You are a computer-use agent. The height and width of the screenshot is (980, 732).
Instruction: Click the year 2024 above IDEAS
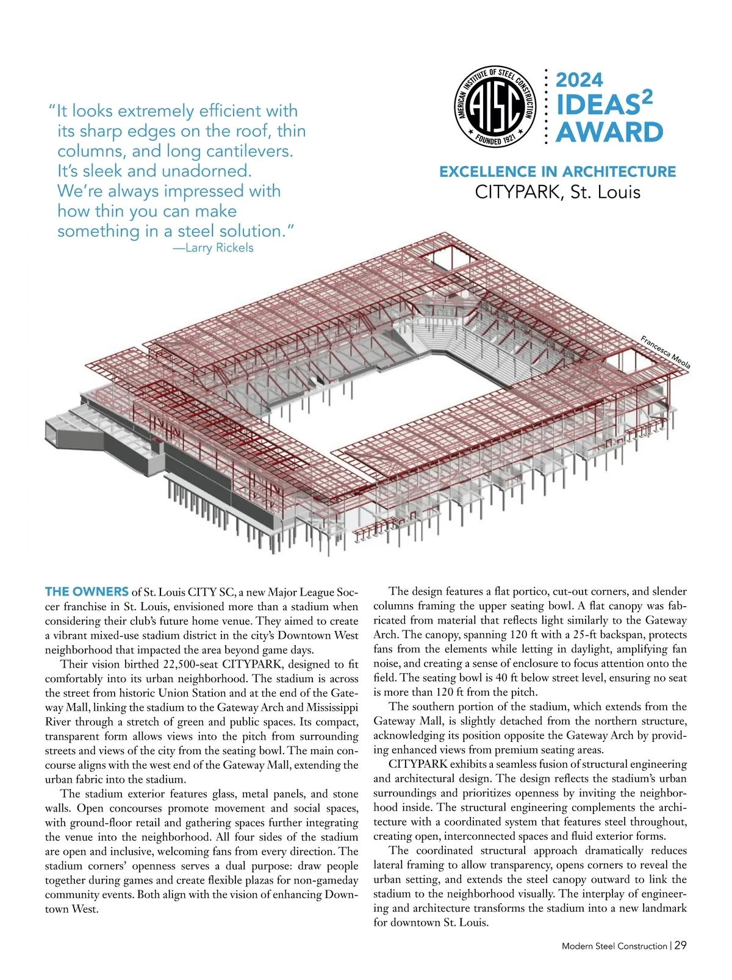(x=579, y=80)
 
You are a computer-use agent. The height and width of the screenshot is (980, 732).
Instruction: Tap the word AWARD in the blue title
(x=609, y=132)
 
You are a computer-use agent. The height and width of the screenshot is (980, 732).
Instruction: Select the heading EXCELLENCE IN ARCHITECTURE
(x=558, y=171)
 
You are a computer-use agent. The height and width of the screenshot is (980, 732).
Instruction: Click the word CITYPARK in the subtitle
(x=520, y=192)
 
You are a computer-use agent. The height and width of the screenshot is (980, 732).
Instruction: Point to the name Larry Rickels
(x=219, y=248)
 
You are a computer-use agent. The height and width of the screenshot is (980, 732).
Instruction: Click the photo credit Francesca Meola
(x=666, y=352)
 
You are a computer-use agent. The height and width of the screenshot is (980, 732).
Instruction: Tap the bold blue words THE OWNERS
(x=87, y=591)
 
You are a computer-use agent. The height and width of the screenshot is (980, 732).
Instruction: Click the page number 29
(x=681, y=945)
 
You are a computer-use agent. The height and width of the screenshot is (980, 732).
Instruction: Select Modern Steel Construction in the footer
(x=614, y=946)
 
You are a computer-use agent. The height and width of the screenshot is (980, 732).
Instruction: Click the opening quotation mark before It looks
(x=51, y=110)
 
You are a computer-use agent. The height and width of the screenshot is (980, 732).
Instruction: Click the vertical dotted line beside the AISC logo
(x=547, y=107)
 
